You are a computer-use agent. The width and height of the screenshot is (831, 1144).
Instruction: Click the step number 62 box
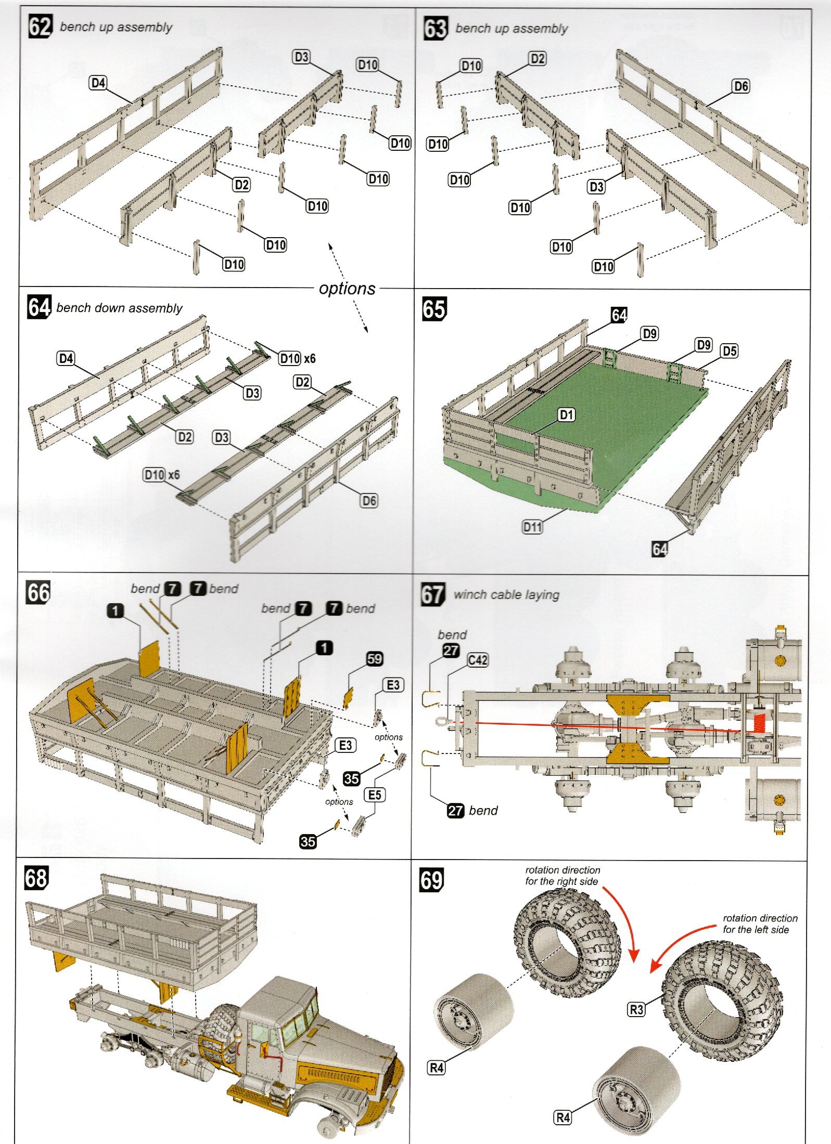[x=40, y=27]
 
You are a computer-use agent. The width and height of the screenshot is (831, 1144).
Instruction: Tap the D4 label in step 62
[x=98, y=83]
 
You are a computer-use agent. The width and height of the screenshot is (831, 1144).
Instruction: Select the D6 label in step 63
[x=740, y=86]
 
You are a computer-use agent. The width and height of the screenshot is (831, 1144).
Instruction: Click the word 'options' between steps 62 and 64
[x=347, y=288]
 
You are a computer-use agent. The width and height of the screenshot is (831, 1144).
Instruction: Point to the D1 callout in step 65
[x=566, y=414]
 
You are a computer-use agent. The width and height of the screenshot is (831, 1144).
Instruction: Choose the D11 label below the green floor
[x=532, y=527]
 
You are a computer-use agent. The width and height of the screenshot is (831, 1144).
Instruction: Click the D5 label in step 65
[x=729, y=351]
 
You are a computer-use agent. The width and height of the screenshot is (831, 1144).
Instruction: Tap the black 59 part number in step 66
[x=374, y=659]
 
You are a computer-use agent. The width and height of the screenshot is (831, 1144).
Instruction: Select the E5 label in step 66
[x=375, y=795]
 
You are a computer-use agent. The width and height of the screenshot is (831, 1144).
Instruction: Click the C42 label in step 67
[x=477, y=660]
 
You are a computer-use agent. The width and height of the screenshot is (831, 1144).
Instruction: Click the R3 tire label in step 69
[x=636, y=1010]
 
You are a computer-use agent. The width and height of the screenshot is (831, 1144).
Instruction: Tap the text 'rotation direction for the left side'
[x=759, y=924]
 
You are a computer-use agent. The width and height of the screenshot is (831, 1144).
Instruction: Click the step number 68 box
[x=36, y=878]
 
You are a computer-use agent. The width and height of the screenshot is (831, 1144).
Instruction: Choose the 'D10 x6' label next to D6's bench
[x=162, y=475]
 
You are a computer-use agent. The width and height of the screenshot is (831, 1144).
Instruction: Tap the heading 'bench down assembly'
[x=119, y=308]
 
